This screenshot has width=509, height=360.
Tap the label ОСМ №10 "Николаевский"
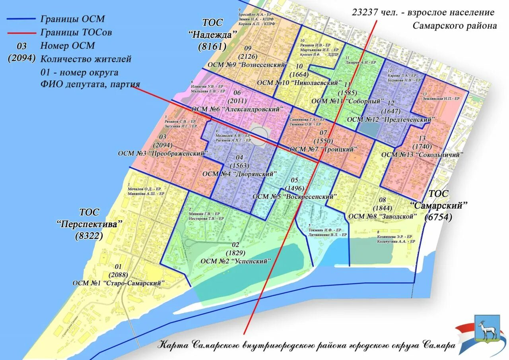tap(300, 83)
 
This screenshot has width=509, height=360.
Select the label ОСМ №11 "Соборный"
tap(348, 101)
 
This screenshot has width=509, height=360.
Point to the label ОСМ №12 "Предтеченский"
tap(391, 119)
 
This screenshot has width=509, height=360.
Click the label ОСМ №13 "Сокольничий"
tap(422, 155)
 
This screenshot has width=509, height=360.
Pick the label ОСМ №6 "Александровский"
tap(237, 109)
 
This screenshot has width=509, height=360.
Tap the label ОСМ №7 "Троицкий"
tap(324, 149)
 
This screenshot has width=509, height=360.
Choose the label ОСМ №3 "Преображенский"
tap(163, 153)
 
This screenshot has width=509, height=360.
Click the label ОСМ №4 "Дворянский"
tap(239, 174)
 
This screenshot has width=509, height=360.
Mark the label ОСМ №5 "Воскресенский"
tap(295, 196)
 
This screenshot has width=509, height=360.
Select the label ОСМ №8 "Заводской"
tap(383, 216)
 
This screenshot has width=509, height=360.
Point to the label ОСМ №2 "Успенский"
tap(236, 261)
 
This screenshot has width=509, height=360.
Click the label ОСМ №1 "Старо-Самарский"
tap(119, 283)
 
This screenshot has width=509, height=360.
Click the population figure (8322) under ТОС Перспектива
tap(89, 236)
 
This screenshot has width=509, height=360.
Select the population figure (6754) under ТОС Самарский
tap(439, 217)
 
